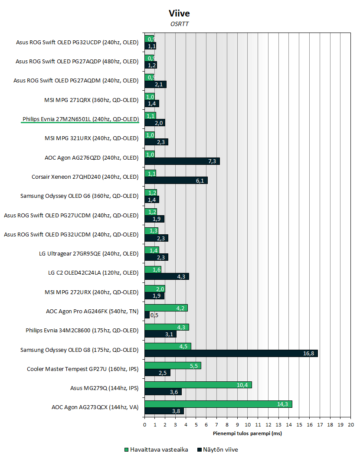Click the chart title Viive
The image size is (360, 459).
click(x=180, y=13)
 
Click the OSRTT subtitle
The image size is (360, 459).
click(x=180, y=24)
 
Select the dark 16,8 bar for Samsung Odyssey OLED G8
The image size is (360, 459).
click(x=231, y=353)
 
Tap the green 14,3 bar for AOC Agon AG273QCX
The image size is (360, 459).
click(x=218, y=403)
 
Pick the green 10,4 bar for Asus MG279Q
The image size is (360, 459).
click(x=198, y=385)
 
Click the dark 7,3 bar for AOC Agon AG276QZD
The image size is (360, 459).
click(x=182, y=161)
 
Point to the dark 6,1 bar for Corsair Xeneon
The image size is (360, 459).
click(x=176, y=180)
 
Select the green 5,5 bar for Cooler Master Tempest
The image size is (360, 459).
click(x=173, y=365)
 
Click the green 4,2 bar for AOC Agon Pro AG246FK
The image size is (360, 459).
click(x=166, y=308)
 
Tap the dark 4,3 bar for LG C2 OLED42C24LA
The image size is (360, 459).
click(x=167, y=276)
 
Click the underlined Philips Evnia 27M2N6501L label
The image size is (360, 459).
click(x=80, y=119)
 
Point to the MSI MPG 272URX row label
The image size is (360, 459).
click(x=92, y=292)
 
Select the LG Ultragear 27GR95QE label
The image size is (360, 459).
click(x=88, y=253)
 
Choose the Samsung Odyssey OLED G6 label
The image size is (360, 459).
click(x=79, y=196)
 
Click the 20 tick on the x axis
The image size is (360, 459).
click(x=351, y=425)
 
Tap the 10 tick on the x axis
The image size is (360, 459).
click(x=248, y=425)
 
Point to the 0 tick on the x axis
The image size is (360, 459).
click(x=144, y=425)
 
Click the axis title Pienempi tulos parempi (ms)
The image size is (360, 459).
click(x=247, y=433)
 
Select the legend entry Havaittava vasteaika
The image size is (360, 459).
click(x=156, y=449)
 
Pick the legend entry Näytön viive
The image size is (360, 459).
click(x=217, y=449)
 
